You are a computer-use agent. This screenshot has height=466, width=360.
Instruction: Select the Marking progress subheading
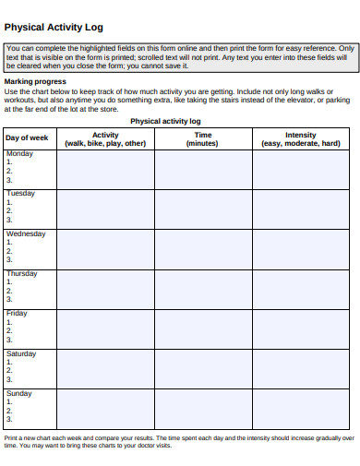pyautogui.click(x=35, y=81)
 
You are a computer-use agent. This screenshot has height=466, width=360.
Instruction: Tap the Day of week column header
pyautogui.click(x=27, y=138)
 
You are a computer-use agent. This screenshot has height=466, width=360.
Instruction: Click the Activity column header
pyautogui.click(x=105, y=139)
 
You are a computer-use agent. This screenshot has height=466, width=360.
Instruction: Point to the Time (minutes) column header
pyautogui.click(x=202, y=139)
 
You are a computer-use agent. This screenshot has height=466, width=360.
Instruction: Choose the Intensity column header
pyautogui.click(x=300, y=139)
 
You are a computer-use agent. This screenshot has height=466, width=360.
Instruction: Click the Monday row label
pyautogui.click(x=20, y=154)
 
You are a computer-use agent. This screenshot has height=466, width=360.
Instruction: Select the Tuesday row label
pyautogui.click(x=21, y=194)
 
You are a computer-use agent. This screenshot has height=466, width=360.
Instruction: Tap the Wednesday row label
pyautogui.click(x=26, y=234)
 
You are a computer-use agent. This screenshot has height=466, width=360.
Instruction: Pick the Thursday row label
pyautogui.click(x=22, y=274)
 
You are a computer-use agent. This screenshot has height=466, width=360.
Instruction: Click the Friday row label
pyautogui.click(x=18, y=314)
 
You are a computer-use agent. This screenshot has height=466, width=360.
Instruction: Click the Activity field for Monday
pyautogui.click(x=105, y=169)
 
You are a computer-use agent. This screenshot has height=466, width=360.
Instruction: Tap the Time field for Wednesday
pyautogui.click(x=202, y=248)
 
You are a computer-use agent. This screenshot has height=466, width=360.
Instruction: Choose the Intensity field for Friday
pyautogui.click(x=300, y=329)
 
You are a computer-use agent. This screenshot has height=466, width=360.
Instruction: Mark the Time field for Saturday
pyautogui.click(x=202, y=368)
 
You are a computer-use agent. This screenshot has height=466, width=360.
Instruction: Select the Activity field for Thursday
pyautogui.click(x=105, y=289)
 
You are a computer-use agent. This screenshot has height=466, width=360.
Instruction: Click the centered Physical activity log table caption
pyautogui.click(x=166, y=121)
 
